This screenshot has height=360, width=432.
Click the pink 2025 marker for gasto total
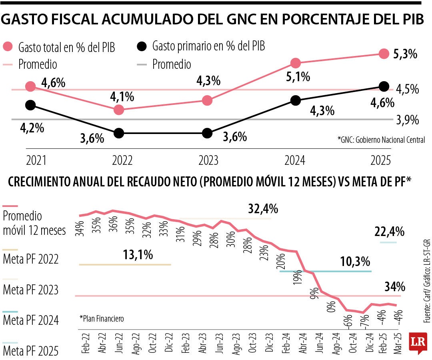point(384,54)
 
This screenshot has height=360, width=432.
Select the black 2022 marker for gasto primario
point(119,133)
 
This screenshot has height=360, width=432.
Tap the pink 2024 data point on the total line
point(296,63)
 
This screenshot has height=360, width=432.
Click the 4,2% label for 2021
point(32,129)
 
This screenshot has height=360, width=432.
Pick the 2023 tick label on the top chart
point(208,160)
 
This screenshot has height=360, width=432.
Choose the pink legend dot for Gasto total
point(8,47)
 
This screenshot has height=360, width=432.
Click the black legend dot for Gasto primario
point(141,47)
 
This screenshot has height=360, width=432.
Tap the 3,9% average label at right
point(407,120)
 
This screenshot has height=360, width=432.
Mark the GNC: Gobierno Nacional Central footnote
point(381,140)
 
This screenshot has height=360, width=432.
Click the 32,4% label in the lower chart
point(263,209)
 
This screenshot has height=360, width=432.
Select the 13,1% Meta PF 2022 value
point(138,255)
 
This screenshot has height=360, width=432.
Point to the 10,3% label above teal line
point(355,262)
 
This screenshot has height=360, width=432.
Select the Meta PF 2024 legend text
point(31,320)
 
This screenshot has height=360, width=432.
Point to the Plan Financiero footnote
point(102,319)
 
